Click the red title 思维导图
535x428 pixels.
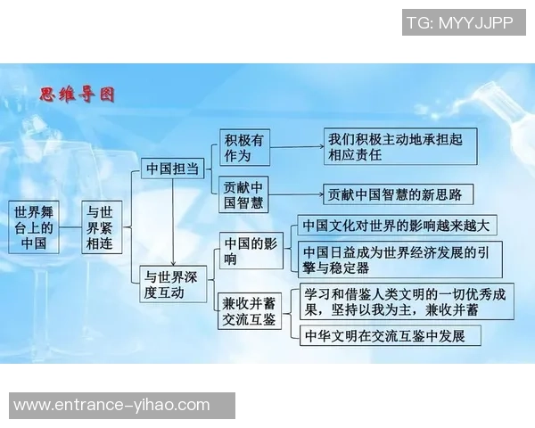[78, 94]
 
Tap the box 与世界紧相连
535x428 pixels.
[99, 227]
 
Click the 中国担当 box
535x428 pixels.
[172, 168]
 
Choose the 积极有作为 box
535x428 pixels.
[244, 147]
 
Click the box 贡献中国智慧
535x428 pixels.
[244, 194]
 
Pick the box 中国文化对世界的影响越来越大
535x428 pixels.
[399, 226]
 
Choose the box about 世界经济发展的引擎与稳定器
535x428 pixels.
[399, 259]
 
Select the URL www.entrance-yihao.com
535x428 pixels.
[111, 405]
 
